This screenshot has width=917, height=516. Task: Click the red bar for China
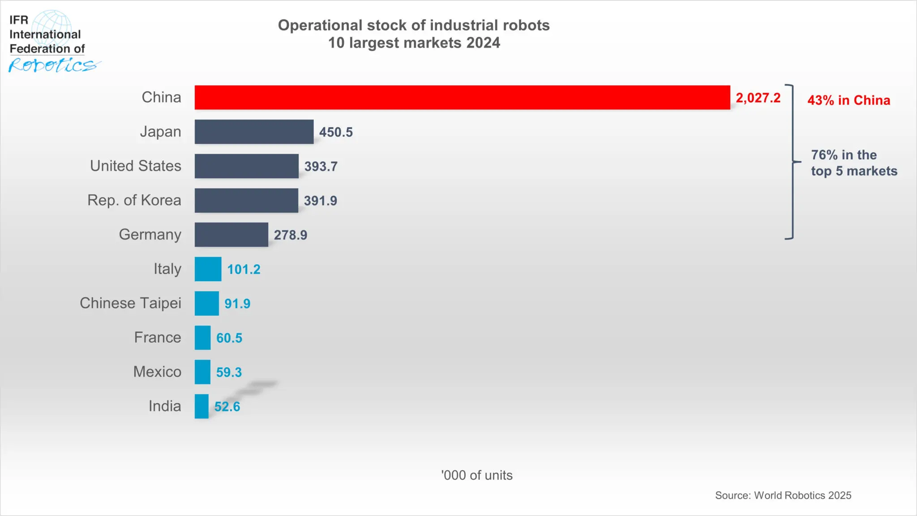point(462,97)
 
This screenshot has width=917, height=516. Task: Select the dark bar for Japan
point(254,132)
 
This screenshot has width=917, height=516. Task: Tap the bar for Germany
point(231,235)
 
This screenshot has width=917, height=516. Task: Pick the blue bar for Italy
point(208,269)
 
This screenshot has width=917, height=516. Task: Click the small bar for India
point(201,406)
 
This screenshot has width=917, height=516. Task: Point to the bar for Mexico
point(202,372)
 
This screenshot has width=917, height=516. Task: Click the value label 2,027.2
point(758,98)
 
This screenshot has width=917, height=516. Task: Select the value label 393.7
point(321,166)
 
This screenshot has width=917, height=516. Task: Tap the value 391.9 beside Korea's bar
point(320,201)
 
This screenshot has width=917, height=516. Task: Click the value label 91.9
point(237,304)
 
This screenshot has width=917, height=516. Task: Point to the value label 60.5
point(229,338)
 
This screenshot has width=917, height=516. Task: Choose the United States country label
point(135,166)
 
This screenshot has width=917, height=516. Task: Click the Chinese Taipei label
point(130,303)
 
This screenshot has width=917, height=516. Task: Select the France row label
point(157,337)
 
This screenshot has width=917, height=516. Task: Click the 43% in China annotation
point(848,100)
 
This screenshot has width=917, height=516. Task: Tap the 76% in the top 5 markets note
point(853,163)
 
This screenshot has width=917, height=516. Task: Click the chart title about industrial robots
point(414,34)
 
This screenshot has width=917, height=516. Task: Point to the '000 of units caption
point(476,475)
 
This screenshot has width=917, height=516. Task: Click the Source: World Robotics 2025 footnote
point(783,495)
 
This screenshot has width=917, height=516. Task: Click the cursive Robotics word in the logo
point(52,65)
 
